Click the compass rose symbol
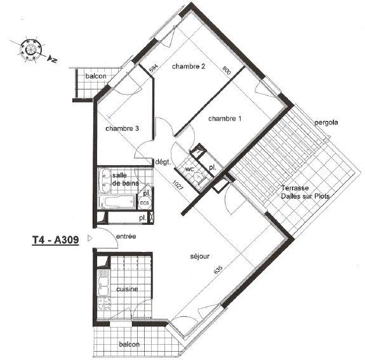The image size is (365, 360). pos(30,48)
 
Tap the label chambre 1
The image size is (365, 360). pos(225,119)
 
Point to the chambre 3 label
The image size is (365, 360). pos(122,128)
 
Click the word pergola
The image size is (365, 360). pos(326,122)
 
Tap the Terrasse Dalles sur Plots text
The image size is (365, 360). pos(300,192)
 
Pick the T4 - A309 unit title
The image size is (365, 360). pos(55,241)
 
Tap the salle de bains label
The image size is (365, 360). pos(125,179)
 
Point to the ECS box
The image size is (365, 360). pos(145,203)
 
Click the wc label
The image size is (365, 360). pos(189,170)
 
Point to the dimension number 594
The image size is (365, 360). pos(153,66)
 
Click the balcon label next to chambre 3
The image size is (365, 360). pos(96,77)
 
